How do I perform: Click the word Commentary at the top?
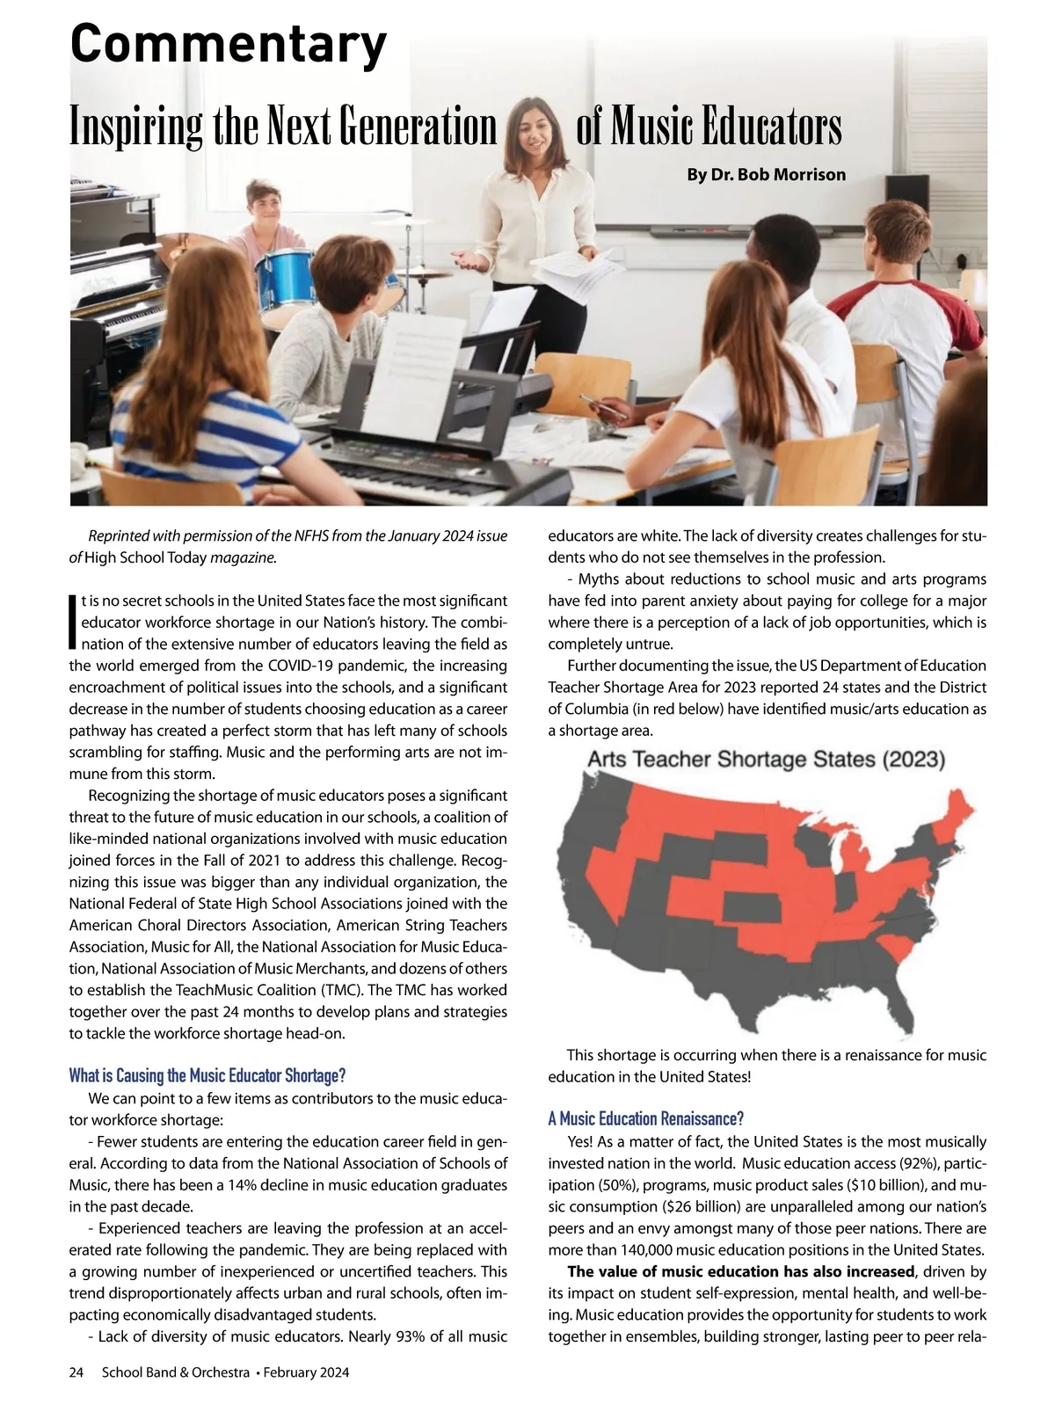(x=228, y=44)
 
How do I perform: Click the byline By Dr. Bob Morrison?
(x=766, y=174)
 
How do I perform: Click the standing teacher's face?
(x=533, y=128)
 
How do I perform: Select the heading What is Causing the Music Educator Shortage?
(x=207, y=1075)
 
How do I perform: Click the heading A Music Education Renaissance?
(x=645, y=1118)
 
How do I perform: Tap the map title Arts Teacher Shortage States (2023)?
(x=766, y=759)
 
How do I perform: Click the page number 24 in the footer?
(x=76, y=1372)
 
